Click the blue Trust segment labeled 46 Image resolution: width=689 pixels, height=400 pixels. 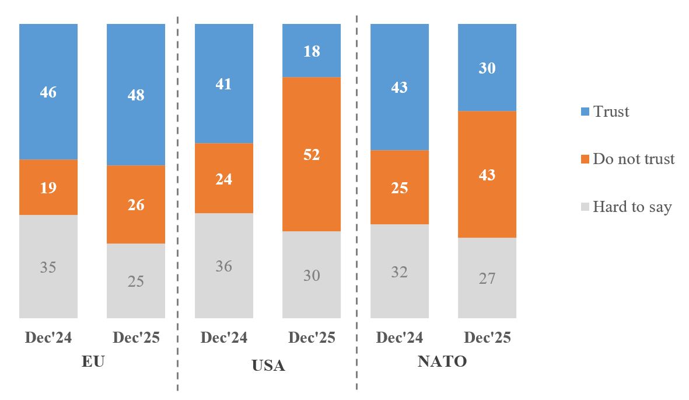[x=48, y=92]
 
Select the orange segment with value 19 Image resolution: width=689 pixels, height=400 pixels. [x=48, y=187]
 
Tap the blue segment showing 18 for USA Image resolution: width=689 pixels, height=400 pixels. [x=312, y=51]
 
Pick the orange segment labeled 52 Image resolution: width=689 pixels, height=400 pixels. [x=312, y=154]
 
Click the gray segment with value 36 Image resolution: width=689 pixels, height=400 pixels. [x=224, y=266]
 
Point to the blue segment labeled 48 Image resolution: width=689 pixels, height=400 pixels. [x=136, y=95]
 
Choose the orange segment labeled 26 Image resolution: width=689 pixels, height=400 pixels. [x=136, y=204]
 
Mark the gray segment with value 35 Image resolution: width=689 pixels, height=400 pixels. [x=48, y=267]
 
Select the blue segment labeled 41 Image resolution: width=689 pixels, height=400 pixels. [x=224, y=84]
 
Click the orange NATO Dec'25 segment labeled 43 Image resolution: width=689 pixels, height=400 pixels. [x=487, y=174]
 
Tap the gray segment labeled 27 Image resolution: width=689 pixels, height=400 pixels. [x=487, y=278]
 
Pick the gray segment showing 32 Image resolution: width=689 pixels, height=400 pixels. [x=400, y=272]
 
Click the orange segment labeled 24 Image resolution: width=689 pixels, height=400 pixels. [x=224, y=178]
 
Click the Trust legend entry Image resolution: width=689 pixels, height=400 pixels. [x=603, y=112]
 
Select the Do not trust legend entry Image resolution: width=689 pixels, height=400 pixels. [x=625, y=159]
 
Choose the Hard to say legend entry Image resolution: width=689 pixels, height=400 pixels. [x=624, y=207]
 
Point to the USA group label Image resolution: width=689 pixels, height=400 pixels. [x=268, y=366]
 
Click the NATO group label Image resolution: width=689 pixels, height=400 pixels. [x=442, y=361]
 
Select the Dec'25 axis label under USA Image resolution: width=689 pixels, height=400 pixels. [x=312, y=338]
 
